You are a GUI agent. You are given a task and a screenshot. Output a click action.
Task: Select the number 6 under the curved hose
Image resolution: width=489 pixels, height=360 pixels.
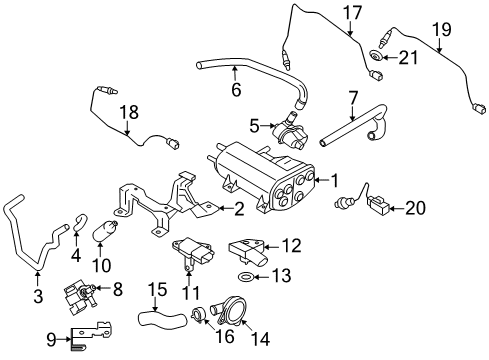tap(236, 89)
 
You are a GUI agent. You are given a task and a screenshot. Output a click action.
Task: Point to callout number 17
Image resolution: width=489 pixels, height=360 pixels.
tap(350, 13)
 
